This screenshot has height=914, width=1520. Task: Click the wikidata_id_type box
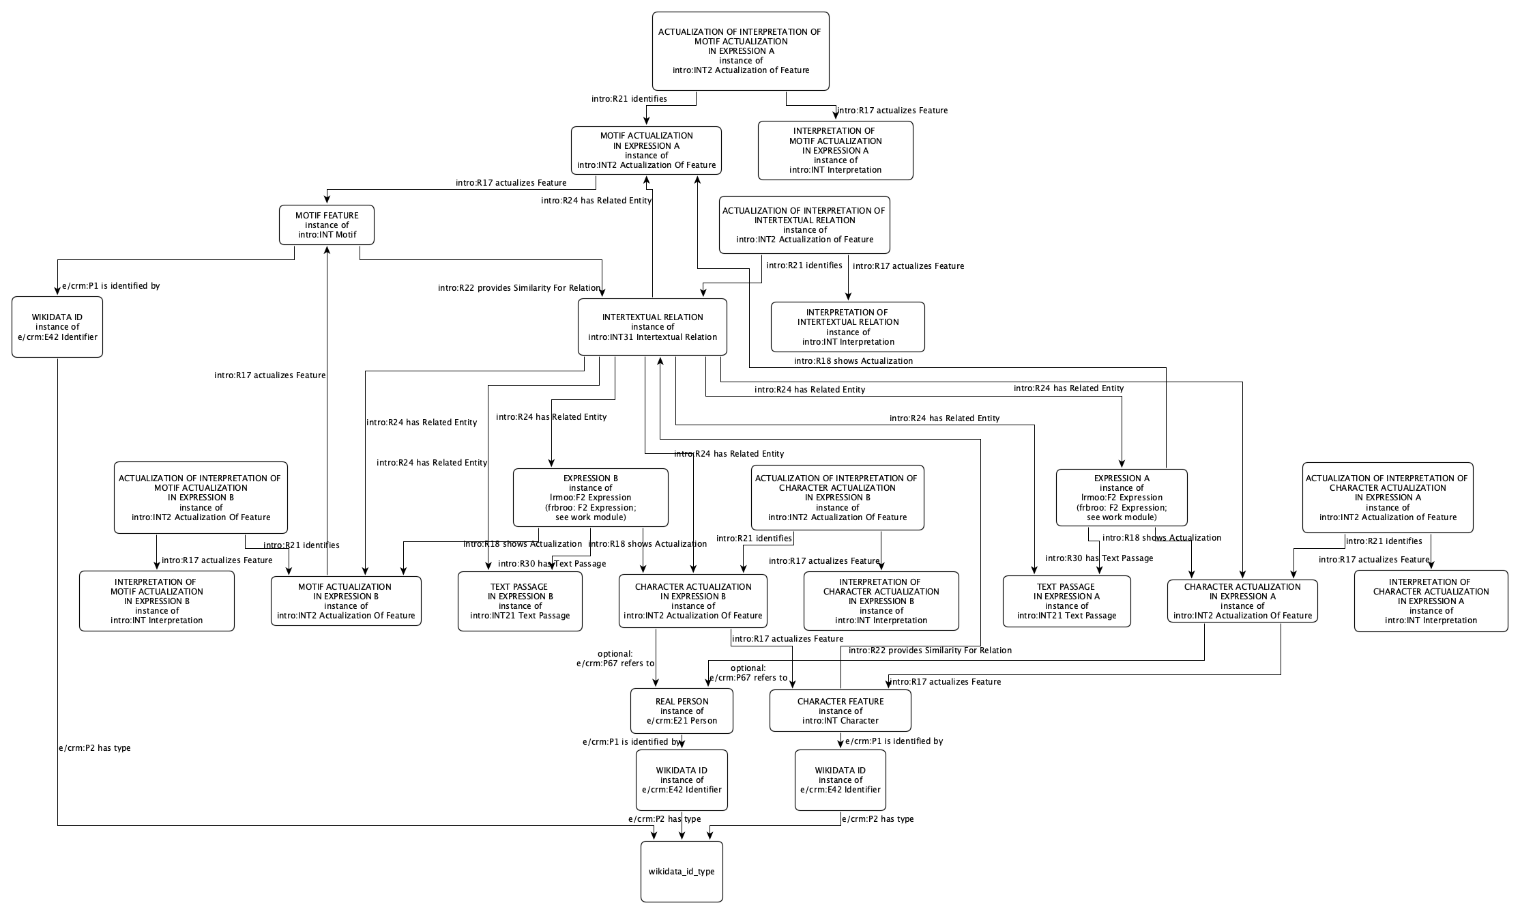pos(682,872)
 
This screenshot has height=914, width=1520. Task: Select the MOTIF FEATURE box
pos(327,225)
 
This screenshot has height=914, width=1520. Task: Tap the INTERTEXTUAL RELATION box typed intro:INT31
pos(652,327)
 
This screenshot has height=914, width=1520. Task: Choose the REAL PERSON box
pos(682,711)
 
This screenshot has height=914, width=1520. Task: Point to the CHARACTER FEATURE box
pos(840,711)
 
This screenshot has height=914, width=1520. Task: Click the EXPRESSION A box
pos(1121,498)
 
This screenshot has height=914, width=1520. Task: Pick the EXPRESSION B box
pos(590,498)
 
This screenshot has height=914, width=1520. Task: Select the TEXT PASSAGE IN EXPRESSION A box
pos(1066,601)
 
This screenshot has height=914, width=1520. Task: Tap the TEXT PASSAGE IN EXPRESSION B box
pos(520,601)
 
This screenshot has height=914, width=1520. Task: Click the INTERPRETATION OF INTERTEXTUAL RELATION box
pos(848,327)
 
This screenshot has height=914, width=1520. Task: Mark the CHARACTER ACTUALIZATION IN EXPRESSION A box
pos(1242,601)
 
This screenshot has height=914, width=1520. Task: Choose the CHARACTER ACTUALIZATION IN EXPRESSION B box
pos(692,601)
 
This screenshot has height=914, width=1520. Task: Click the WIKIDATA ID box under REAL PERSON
pos(682,780)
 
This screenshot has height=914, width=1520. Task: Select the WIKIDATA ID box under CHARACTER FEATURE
pos(840,780)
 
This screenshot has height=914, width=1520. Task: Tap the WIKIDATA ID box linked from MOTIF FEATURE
pos(57,327)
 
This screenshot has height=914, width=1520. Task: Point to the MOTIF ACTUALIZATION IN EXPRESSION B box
pos(346,601)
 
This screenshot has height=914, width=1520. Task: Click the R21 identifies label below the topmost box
pos(629,99)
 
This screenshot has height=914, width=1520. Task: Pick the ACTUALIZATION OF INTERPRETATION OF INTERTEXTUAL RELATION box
pos(804,225)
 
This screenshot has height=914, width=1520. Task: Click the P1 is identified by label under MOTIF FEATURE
pos(111,286)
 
